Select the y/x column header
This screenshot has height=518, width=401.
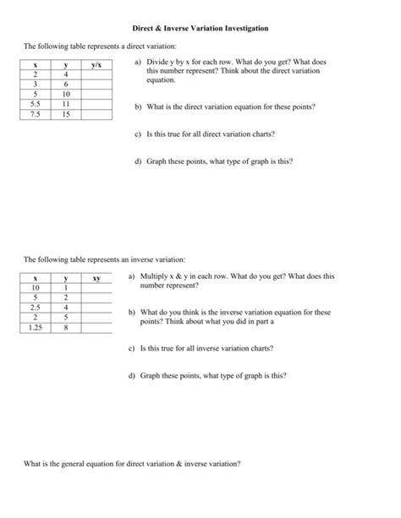click(97, 65)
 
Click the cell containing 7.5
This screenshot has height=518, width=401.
click(36, 112)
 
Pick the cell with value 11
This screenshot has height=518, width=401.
click(66, 103)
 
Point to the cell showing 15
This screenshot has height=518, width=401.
click(66, 112)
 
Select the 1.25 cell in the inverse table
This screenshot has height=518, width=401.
click(36, 326)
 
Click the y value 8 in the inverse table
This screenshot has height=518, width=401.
click(66, 326)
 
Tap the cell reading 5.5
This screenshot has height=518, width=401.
click(36, 103)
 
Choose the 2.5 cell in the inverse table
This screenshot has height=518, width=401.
click(36, 307)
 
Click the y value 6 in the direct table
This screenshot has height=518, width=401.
click(66, 85)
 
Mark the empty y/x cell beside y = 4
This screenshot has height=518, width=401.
click(97, 74)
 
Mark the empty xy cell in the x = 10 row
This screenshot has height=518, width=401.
click(97, 287)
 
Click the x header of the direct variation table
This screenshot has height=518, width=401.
click(36, 65)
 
